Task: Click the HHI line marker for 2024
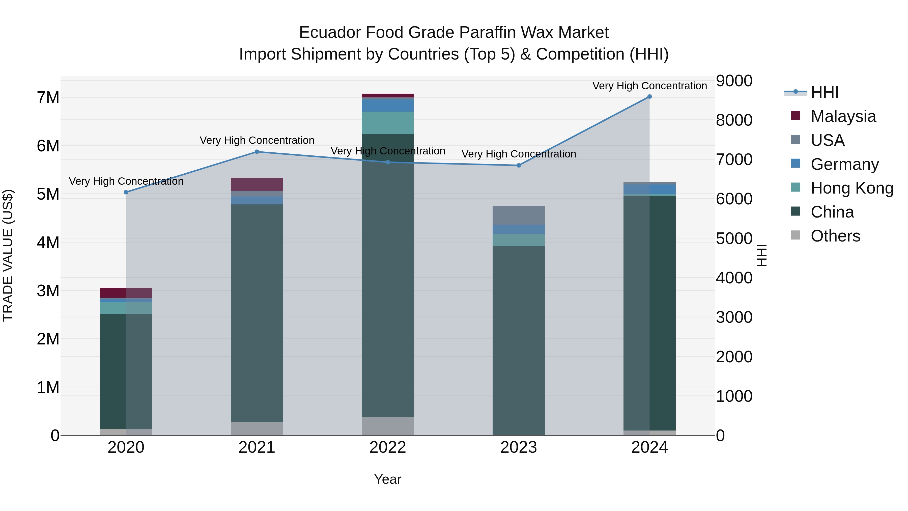coord(649,97)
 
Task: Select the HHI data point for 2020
coord(126,192)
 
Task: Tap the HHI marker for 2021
coord(257,152)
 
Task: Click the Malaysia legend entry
coord(843,116)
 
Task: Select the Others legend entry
coord(835,236)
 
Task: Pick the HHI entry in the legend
coord(825,92)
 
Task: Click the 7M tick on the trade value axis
coord(48,98)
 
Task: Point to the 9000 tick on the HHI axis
coord(734,81)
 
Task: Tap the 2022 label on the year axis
coord(387,447)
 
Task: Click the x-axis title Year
coord(387,479)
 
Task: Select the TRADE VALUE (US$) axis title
coord(8,255)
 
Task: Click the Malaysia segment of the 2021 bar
coord(257,184)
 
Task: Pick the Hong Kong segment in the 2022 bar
coord(387,123)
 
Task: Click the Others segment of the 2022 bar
coord(387,426)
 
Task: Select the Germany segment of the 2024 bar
coord(649,189)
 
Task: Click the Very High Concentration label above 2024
coord(649,86)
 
